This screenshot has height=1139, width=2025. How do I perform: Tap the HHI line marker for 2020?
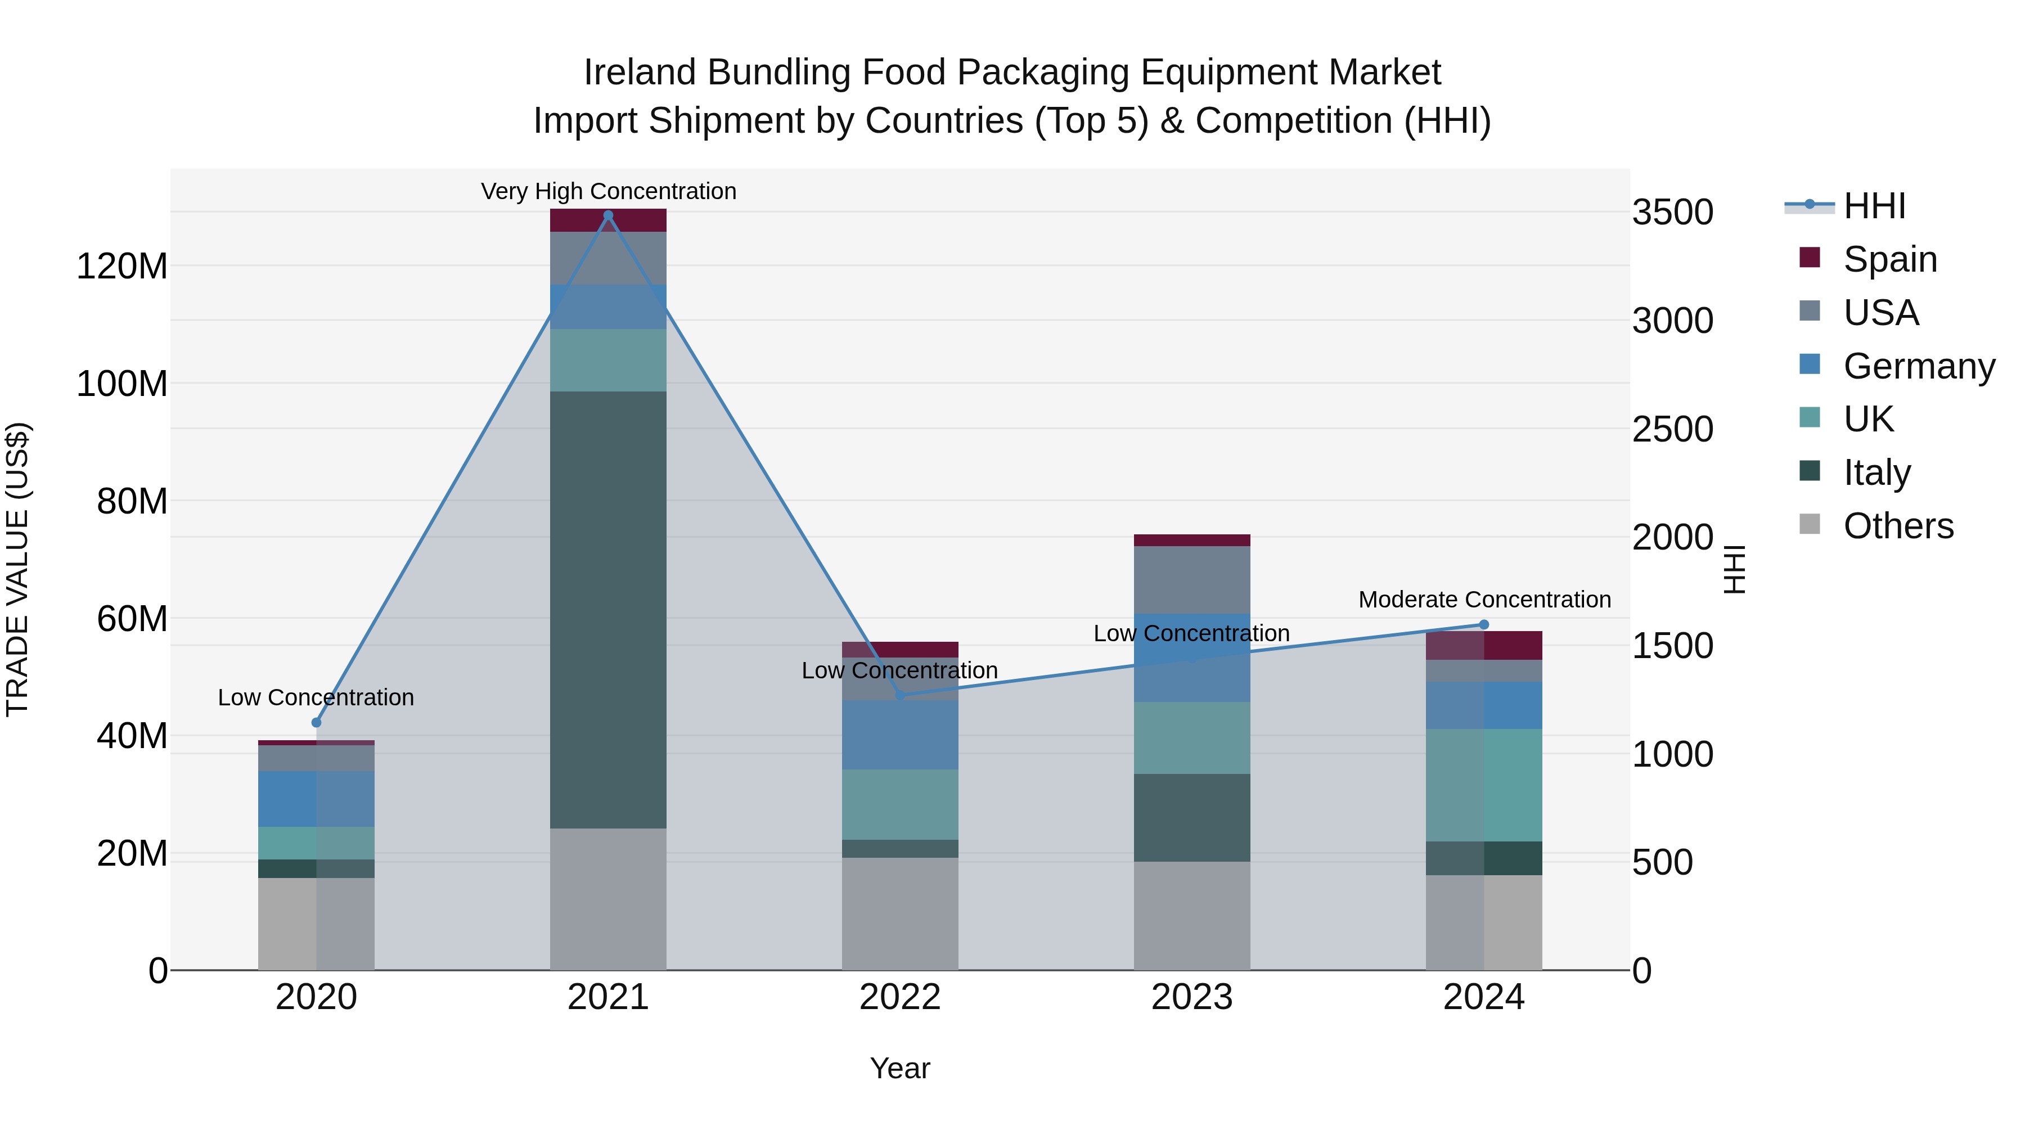pyautogui.click(x=316, y=722)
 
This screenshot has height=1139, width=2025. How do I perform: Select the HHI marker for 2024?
pyautogui.click(x=1484, y=625)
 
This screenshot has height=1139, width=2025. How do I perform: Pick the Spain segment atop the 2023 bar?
pyautogui.click(x=1192, y=540)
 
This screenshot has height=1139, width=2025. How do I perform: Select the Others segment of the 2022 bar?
pyautogui.click(x=900, y=913)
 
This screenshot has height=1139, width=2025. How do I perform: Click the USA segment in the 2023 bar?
pyautogui.click(x=1192, y=580)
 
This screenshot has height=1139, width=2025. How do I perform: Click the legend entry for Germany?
pyautogui.click(x=1918, y=366)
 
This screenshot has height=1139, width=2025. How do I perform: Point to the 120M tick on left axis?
pyautogui.click(x=122, y=267)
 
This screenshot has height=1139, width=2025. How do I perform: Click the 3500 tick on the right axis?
pyautogui.click(x=1673, y=212)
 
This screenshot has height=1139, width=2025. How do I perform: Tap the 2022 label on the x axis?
pyautogui.click(x=900, y=997)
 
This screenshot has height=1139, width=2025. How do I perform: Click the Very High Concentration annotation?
pyautogui.click(x=609, y=191)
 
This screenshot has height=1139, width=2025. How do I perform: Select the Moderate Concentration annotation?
pyautogui.click(x=1484, y=600)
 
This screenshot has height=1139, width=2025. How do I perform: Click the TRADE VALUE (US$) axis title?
pyautogui.click(x=17, y=569)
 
